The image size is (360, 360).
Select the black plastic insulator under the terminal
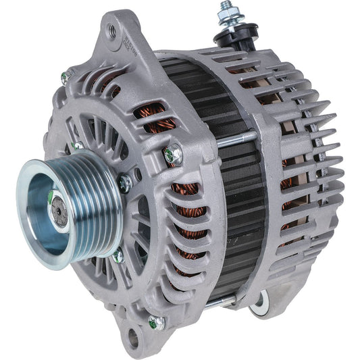pyautogui.click(x=238, y=35)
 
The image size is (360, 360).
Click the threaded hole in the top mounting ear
pyautogui.click(x=113, y=30)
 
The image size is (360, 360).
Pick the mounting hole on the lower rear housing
pyautogui.click(x=258, y=308)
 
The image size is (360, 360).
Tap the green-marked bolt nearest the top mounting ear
pyautogui.click(x=66, y=78)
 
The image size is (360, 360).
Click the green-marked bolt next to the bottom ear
pyautogui.click(x=157, y=323)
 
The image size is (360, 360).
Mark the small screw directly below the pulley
pyautogui.click(x=118, y=255)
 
